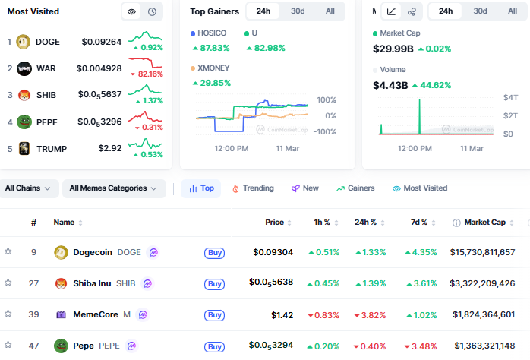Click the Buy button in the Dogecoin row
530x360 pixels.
[214, 252]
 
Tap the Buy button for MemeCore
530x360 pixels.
[214, 314]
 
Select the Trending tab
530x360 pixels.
[253, 188]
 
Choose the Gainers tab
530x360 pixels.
[355, 188]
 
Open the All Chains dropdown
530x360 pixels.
[29, 188]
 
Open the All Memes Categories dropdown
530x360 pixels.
[114, 188]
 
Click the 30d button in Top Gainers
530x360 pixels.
[298, 11]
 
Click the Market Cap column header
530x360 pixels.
[484, 223]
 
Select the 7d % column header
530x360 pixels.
[419, 223]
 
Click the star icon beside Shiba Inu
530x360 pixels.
[8, 283]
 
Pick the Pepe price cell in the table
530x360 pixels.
[271, 346]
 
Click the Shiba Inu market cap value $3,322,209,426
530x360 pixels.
[482, 283]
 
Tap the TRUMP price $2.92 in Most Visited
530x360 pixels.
[110, 148]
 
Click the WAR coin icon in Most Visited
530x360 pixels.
[24, 68]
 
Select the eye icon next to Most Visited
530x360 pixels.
[131, 11]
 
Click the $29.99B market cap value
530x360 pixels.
[393, 49]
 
